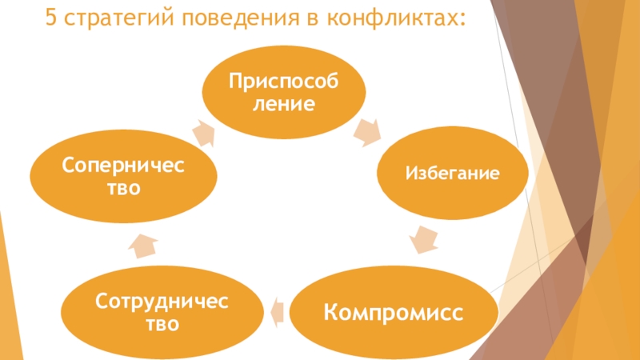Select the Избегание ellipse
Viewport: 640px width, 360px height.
[x=454, y=172]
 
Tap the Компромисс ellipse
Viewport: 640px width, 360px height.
[x=393, y=310]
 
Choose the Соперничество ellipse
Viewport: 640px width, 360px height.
[x=122, y=176]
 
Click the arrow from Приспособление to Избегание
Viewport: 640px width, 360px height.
[x=370, y=131]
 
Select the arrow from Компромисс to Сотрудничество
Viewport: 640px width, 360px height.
[x=276, y=310]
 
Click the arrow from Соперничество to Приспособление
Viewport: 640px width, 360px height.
[x=202, y=132]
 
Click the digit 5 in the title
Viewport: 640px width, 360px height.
[x=51, y=18]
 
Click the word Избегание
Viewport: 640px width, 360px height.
[x=454, y=172]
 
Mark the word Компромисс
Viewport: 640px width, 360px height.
[x=393, y=310]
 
